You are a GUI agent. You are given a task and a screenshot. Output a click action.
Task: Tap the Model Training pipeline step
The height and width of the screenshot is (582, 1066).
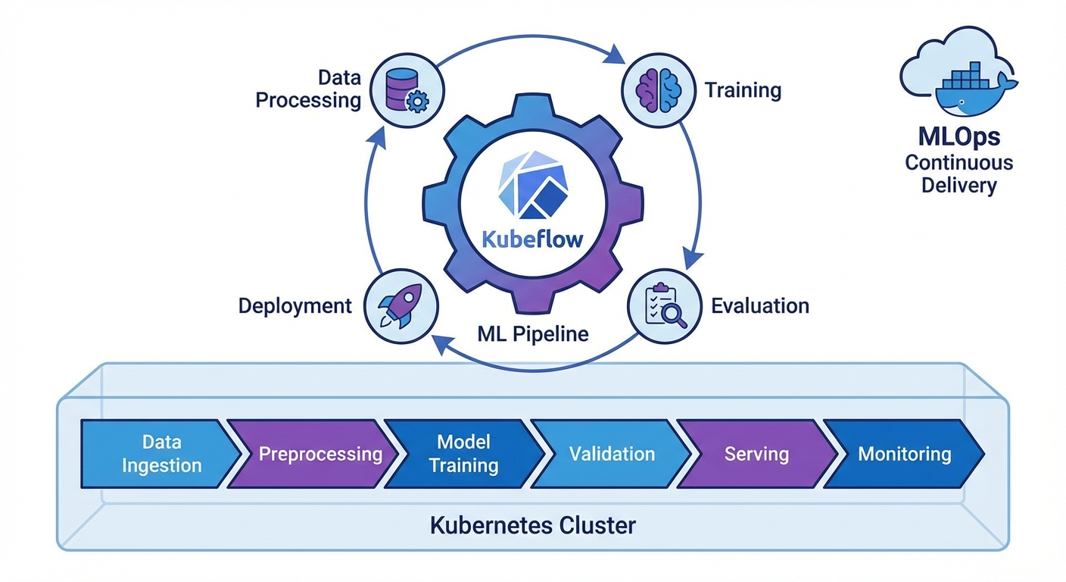click(x=463, y=453)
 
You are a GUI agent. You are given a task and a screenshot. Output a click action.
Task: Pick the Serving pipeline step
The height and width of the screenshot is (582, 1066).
click(x=756, y=453)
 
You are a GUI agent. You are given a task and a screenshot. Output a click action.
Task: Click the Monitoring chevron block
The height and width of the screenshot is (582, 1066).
click(x=904, y=453)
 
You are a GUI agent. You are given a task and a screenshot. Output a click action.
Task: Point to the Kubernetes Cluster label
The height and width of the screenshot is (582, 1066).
click(x=533, y=525)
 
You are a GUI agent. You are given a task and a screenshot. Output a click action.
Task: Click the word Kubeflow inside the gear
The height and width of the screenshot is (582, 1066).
click(x=533, y=239)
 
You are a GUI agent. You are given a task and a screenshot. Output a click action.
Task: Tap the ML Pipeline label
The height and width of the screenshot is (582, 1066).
click(x=533, y=333)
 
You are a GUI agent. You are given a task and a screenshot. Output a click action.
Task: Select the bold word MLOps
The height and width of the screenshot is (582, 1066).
click(x=958, y=136)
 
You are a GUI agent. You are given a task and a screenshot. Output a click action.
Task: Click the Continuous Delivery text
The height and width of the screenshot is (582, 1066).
click(x=958, y=174)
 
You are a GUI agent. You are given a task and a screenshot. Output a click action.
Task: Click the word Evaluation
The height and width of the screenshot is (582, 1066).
click(x=759, y=305)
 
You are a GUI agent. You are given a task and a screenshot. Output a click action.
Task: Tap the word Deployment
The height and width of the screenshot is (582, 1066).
click(x=295, y=305)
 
